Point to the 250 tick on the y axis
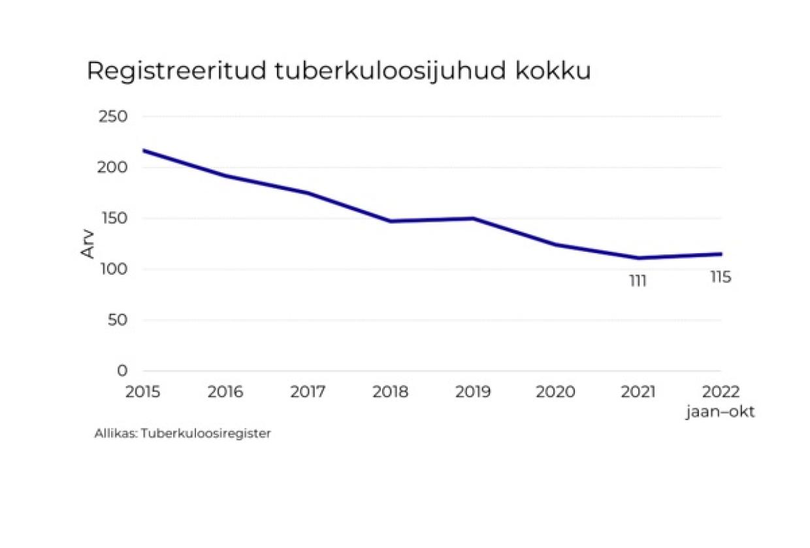click(x=114, y=117)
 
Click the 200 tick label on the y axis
click(x=114, y=168)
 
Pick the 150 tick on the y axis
click(x=114, y=219)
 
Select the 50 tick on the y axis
click(x=118, y=320)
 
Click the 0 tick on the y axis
click(x=122, y=371)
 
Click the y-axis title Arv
click(x=88, y=243)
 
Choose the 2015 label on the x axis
click(x=143, y=392)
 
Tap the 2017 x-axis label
click(x=308, y=392)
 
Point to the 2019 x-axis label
click(x=473, y=392)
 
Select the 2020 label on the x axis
click(x=555, y=392)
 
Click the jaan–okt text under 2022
click(x=720, y=412)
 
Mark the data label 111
click(x=638, y=281)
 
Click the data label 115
click(x=721, y=277)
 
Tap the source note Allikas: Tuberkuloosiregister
click(x=182, y=434)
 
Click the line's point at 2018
click(x=391, y=221)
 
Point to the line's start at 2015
click(x=144, y=151)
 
